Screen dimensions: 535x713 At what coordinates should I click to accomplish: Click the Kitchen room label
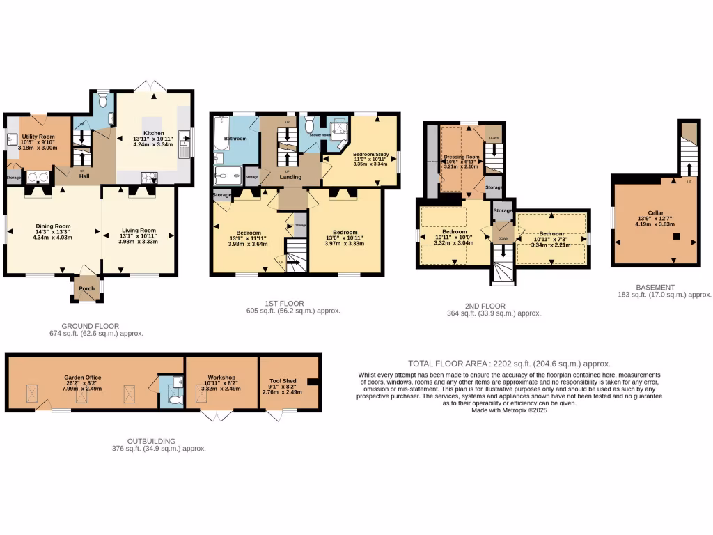point(153,132)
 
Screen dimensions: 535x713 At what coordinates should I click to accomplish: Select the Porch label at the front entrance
point(86,288)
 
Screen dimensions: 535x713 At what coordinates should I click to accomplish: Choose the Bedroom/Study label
point(370,154)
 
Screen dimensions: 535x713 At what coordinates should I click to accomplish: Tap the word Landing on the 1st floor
point(291,177)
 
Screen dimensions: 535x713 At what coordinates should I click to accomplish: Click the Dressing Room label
point(462,157)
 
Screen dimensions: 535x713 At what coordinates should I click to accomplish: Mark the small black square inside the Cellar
point(675,237)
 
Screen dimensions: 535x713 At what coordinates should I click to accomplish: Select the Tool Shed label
point(283,382)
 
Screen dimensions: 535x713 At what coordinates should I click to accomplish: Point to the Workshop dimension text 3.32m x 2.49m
point(220,389)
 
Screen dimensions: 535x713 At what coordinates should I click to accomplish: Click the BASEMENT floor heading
point(655,287)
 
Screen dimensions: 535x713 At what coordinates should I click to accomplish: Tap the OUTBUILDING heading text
point(151,441)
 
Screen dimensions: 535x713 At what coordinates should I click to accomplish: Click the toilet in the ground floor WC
point(103,101)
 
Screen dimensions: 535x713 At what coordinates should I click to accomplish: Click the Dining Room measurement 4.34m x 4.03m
point(52,238)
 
